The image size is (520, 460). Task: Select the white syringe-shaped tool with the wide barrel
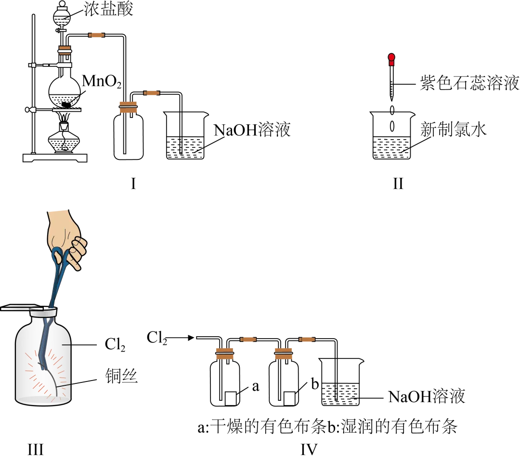point(53,65)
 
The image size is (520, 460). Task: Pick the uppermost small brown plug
point(96,35)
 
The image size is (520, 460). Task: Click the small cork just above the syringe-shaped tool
point(65,50)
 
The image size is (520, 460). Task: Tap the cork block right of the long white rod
point(129,107)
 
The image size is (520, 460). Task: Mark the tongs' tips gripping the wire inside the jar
point(43,364)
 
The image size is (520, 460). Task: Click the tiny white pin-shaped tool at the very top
point(61,30)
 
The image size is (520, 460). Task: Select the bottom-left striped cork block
point(225,354)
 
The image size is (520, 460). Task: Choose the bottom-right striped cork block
point(283,354)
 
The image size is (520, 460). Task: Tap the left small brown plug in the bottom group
point(248,339)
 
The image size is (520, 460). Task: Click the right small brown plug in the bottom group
point(307,339)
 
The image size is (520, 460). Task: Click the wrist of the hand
point(58,215)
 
